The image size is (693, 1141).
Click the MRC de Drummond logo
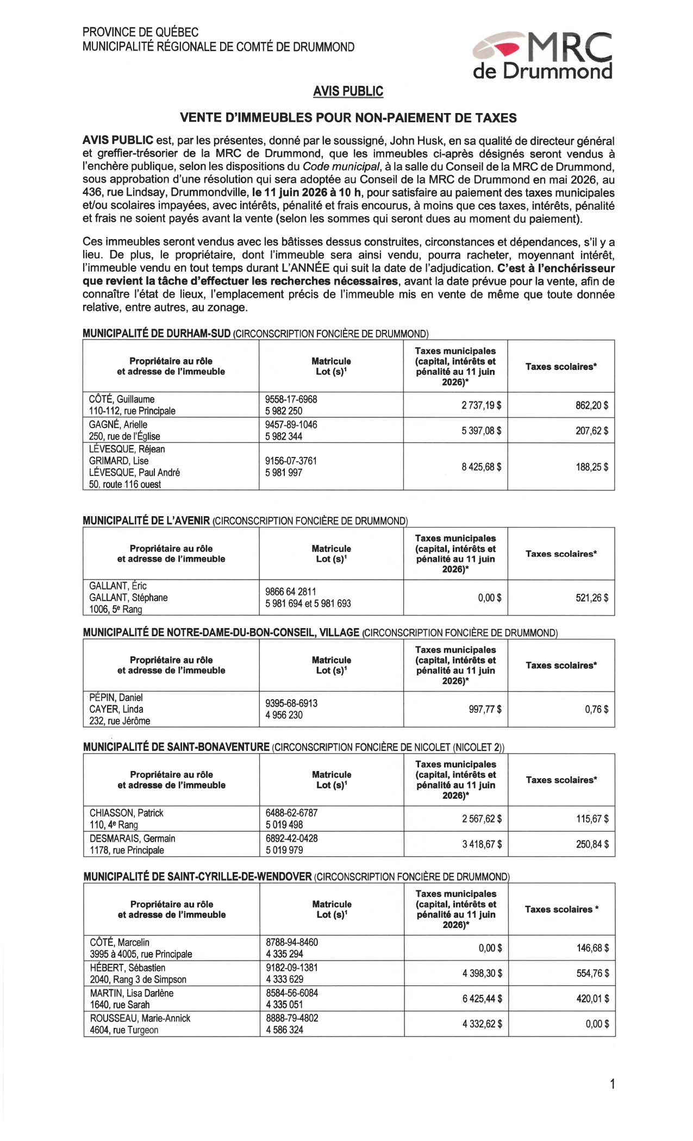tap(542, 56)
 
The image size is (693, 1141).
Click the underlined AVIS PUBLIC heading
tap(348, 91)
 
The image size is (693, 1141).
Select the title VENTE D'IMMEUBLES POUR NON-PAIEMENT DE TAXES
tap(348, 117)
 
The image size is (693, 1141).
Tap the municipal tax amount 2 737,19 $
tap(481, 405)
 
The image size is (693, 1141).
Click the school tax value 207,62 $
tap(592, 431)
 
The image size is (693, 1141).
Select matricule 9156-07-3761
tap(291, 461)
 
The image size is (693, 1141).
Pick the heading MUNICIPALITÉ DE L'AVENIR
tap(146, 521)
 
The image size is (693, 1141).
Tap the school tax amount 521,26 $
tap(592, 598)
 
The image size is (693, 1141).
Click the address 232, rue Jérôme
tap(120, 721)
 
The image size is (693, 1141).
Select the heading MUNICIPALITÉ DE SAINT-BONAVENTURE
tap(176, 747)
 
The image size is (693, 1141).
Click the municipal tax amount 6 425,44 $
tap(482, 999)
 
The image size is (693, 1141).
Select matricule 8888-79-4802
tap(292, 1018)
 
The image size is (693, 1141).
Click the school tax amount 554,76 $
tap(592, 973)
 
